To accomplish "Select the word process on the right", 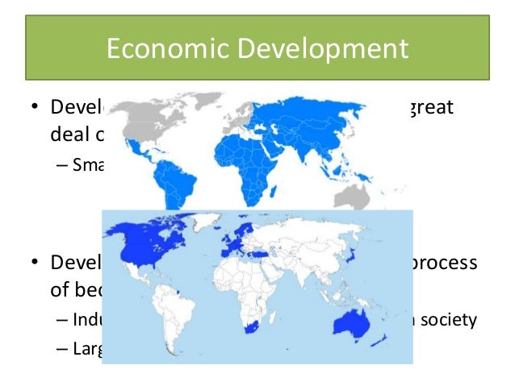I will coord(447,264).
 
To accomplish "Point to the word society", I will coord(447,319).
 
